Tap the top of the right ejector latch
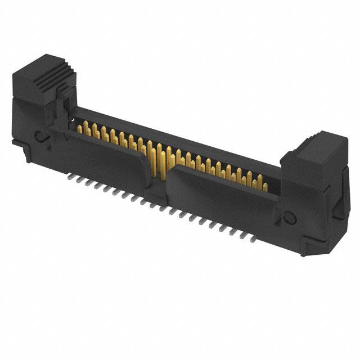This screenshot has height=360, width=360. pyautogui.click(x=315, y=143)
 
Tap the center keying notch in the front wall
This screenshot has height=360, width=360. pyautogui.click(x=160, y=169)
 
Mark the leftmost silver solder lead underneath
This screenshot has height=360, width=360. pyautogui.click(x=70, y=176)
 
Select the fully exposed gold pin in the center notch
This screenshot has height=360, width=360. pyautogui.click(x=159, y=160)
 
